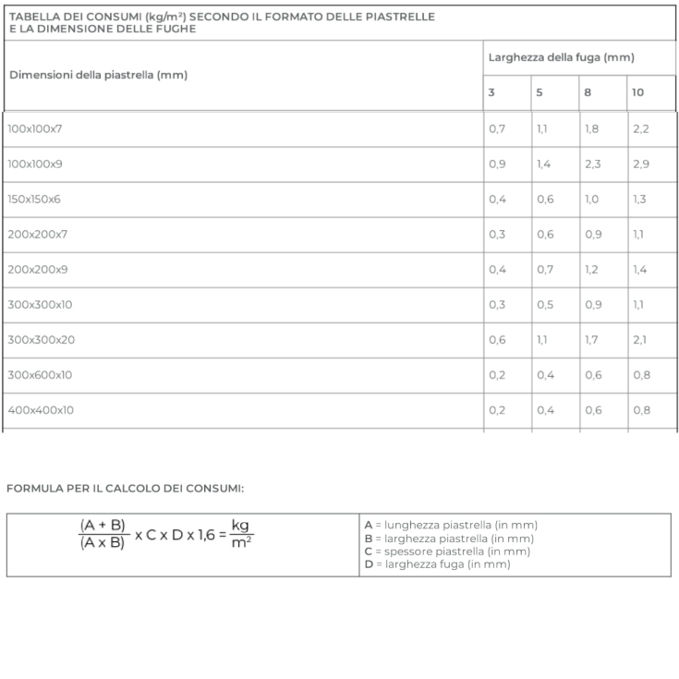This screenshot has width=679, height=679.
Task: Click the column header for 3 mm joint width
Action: click(x=491, y=92)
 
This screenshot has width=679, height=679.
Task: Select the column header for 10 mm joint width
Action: click(x=638, y=92)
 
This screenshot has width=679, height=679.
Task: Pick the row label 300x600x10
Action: click(x=40, y=374)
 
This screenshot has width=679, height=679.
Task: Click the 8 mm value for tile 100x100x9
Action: click(x=592, y=164)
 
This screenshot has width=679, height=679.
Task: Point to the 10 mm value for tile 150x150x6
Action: click(x=640, y=199)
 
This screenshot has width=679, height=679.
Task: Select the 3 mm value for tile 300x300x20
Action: click(x=497, y=339)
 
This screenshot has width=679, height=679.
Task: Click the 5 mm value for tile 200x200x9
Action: click(x=545, y=269)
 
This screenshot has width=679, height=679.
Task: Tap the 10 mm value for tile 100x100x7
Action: click(x=641, y=128)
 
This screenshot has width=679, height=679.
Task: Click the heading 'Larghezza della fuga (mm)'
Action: click(x=561, y=57)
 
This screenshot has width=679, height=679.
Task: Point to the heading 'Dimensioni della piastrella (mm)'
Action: click(x=98, y=75)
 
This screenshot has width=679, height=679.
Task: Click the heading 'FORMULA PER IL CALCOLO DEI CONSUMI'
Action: click(x=126, y=488)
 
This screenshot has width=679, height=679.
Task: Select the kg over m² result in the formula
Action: click(x=241, y=533)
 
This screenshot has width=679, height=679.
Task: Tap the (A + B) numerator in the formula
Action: click(x=103, y=525)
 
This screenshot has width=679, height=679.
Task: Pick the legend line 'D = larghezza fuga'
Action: click(x=437, y=564)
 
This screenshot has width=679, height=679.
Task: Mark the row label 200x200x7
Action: click(x=38, y=234)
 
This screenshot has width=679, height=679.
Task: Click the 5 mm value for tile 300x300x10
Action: click(x=545, y=304)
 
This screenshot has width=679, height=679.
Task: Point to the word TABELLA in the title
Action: click(x=36, y=17)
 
